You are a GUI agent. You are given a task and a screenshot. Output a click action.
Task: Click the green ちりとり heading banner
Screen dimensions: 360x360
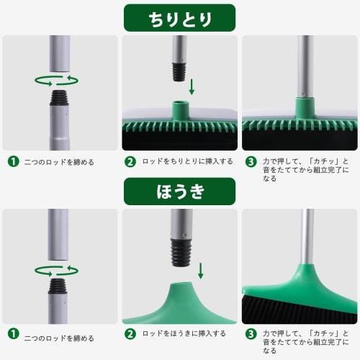pyautogui.click(x=179, y=17)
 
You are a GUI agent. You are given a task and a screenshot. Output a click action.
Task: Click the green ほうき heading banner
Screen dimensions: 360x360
pyautogui.click(x=179, y=192)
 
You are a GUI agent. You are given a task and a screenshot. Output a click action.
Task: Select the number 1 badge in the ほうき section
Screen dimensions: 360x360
pyautogui.click(x=12, y=333)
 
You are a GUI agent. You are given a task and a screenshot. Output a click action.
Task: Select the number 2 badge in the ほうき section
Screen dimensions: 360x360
pyautogui.click(x=130, y=333)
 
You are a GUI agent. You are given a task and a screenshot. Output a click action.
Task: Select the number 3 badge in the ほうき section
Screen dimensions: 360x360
pyautogui.click(x=251, y=333)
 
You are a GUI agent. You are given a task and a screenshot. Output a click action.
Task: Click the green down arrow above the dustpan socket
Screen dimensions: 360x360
pyautogui.click(x=192, y=87)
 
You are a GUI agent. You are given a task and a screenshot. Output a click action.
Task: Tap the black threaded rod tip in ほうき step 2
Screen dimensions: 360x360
pyautogui.click(x=178, y=249)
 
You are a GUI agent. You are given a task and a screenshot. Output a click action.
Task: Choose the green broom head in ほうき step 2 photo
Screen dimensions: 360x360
pyautogui.click(x=179, y=306)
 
